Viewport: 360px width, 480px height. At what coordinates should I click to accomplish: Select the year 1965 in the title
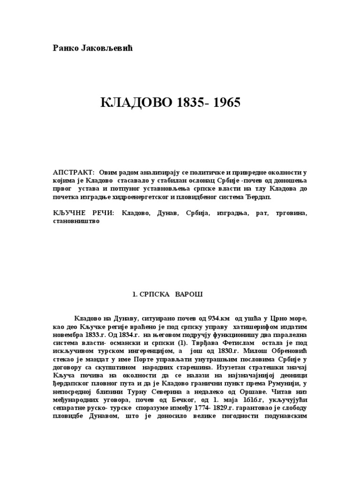[223, 103]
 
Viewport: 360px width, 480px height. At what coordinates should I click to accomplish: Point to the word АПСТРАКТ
[74, 173]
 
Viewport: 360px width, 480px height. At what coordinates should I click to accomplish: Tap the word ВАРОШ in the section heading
[190, 294]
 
